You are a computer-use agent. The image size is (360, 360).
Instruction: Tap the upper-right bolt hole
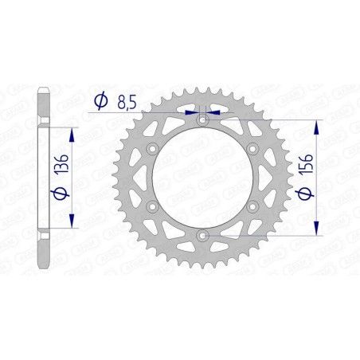tap(252, 148)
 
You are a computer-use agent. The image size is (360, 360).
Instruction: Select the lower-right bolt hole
tap(252, 206)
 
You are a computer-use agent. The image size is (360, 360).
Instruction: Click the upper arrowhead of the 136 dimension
tap(73, 128)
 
